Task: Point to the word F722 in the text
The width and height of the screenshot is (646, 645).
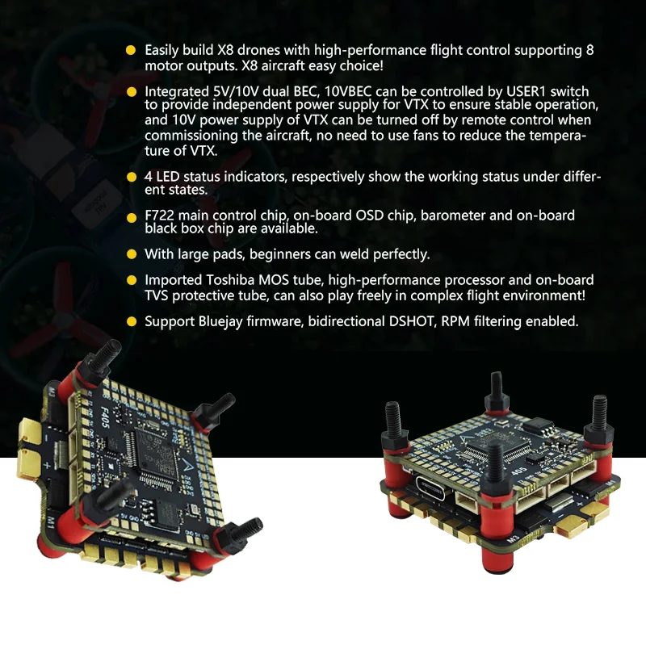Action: coord(159,216)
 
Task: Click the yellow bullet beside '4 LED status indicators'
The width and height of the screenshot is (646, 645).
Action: coord(132,177)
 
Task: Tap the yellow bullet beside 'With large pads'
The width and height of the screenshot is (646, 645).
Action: coord(132,254)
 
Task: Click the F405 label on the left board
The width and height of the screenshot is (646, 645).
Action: coord(105,417)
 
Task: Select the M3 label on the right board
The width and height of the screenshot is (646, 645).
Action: coord(513,538)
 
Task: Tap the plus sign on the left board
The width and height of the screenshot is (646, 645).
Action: coord(47,466)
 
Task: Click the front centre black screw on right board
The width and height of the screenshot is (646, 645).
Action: coord(495,465)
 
